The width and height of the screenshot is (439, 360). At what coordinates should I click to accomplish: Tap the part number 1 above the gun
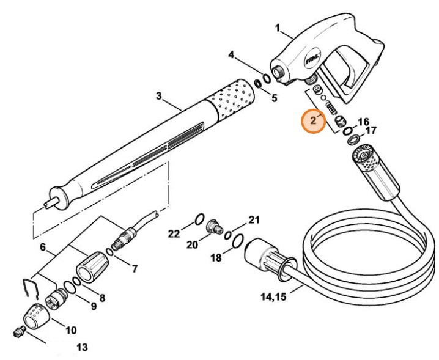coord(278,28)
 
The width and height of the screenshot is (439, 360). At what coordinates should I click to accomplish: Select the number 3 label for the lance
coord(158,96)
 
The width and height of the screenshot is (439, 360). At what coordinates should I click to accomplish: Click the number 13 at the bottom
coord(82,348)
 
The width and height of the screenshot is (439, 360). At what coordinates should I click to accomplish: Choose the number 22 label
coord(174,233)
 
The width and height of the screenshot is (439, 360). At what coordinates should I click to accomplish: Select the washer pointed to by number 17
coord(354,140)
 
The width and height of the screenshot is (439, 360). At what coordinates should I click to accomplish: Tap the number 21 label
coord(254,219)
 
